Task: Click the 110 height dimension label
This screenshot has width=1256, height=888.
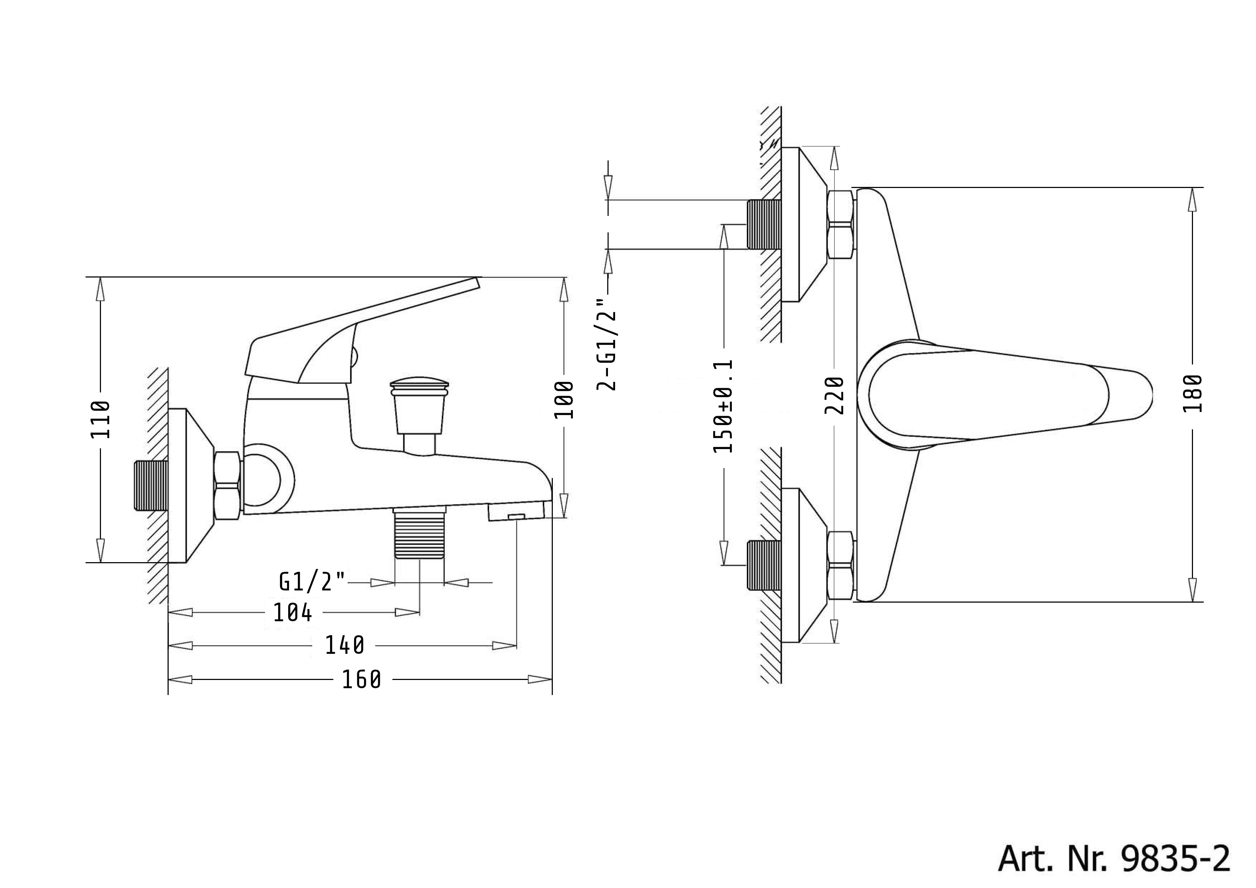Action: [x=101, y=420]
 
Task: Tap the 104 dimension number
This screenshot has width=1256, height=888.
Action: [x=293, y=613]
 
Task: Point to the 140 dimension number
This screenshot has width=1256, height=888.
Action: [x=345, y=646]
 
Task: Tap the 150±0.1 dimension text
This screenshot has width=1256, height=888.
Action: [x=723, y=406]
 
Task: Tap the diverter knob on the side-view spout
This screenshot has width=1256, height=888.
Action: [x=420, y=405]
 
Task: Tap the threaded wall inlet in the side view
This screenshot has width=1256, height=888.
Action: [x=151, y=486]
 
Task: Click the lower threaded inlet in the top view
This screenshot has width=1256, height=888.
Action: [x=764, y=565]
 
